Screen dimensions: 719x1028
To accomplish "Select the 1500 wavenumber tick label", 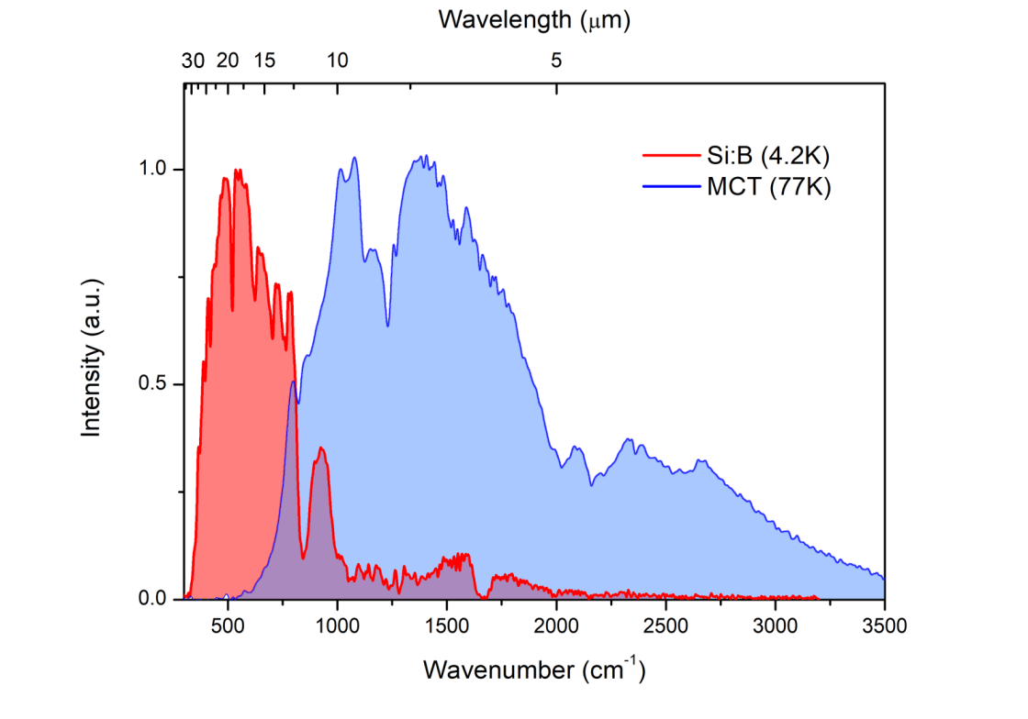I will click(x=446, y=627).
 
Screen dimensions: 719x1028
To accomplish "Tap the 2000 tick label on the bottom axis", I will click(x=556, y=627).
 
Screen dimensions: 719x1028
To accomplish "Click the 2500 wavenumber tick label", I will click(x=665, y=627).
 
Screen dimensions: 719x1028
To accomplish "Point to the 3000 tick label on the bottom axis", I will click(x=775, y=627).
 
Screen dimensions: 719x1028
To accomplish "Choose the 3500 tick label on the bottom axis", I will click(x=884, y=627).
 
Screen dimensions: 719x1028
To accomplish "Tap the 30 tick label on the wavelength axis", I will click(x=193, y=61).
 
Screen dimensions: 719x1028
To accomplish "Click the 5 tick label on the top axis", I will click(x=556, y=61).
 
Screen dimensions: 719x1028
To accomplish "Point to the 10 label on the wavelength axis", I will click(x=338, y=61).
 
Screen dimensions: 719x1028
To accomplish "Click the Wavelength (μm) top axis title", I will click(x=535, y=18).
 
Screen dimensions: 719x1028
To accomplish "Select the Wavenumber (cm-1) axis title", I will click(x=534, y=669).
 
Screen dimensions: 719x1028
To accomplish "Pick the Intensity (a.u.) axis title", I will click(x=92, y=384).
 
